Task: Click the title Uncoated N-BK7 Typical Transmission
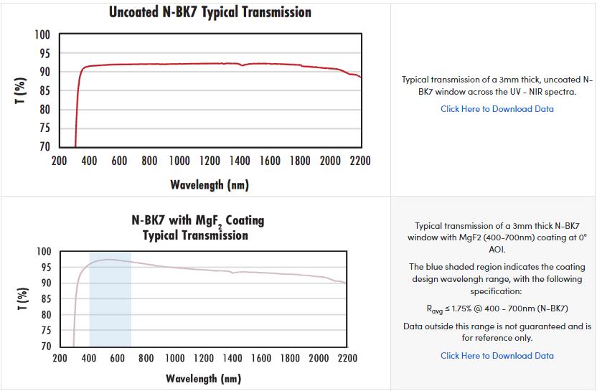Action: pyautogui.click(x=210, y=12)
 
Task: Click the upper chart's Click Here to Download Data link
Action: pyautogui.click(x=497, y=109)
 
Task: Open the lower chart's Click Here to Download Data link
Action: pyautogui.click(x=497, y=356)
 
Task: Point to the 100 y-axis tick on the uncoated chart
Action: pyautogui.click(x=42, y=35)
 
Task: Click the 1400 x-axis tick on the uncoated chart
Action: pyautogui.click(x=240, y=161)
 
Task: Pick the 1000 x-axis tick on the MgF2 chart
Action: pyautogui.click(x=175, y=358)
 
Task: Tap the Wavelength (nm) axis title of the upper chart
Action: pyautogui.click(x=210, y=185)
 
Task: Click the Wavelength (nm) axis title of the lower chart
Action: pyautogui.click(x=204, y=378)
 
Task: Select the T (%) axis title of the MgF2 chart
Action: pyautogui.click(x=22, y=299)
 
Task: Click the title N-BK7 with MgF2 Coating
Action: pyautogui.click(x=198, y=220)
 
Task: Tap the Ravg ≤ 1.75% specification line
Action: pyautogui.click(x=497, y=308)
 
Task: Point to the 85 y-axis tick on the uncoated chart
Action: pyautogui.click(x=44, y=91)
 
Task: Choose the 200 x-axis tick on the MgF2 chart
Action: pyautogui.click(x=60, y=358)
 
